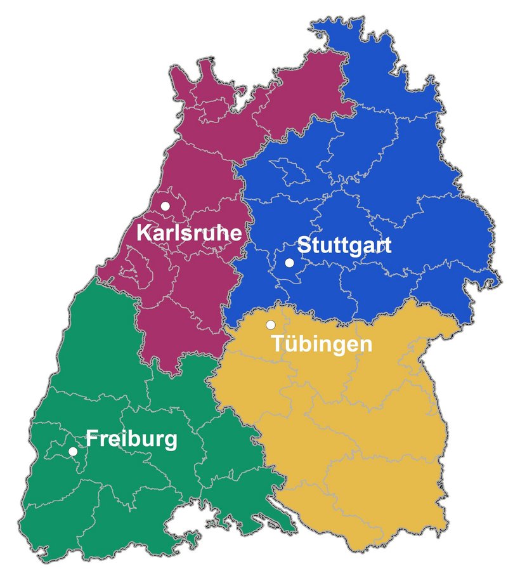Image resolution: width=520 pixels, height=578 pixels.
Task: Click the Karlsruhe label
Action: click(189, 233)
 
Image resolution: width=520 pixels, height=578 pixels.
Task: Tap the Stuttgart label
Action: click(344, 245)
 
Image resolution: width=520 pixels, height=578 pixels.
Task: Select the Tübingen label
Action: click(322, 344)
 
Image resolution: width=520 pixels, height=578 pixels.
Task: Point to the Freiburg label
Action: click(131, 439)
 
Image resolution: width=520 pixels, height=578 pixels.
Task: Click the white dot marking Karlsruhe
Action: click(166, 206)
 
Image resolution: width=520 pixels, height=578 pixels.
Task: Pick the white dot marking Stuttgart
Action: click(289, 263)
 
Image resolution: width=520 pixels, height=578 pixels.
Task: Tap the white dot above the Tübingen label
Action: click(270, 325)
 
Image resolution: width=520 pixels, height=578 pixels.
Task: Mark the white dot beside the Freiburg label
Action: click(73, 451)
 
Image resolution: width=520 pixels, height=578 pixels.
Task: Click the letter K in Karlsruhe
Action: click(144, 233)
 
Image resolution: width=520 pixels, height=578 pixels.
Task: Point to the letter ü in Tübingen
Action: click(290, 344)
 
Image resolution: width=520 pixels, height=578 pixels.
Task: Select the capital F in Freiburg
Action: click(92, 439)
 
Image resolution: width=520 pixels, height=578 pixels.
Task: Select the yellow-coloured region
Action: click(355, 431)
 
